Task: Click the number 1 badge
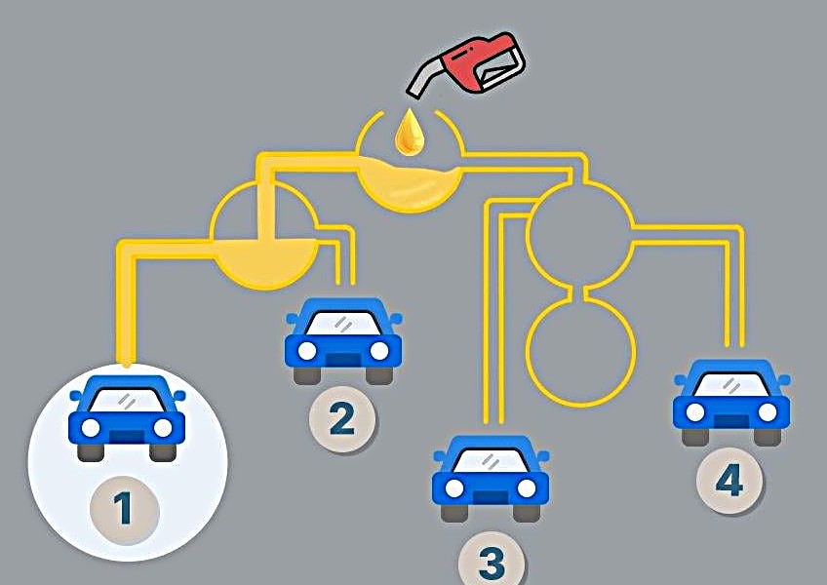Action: (x=124, y=508)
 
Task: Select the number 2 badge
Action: (x=342, y=419)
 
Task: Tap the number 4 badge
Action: (x=729, y=481)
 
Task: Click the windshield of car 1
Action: (x=126, y=399)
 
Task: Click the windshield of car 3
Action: (x=491, y=458)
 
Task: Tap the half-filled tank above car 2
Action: (x=264, y=239)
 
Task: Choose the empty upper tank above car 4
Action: (x=582, y=232)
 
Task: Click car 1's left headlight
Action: (x=91, y=427)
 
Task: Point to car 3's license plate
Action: (x=491, y=495)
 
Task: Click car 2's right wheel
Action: (x=379, y=374)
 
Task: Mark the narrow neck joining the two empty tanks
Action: (x=582, y=291)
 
